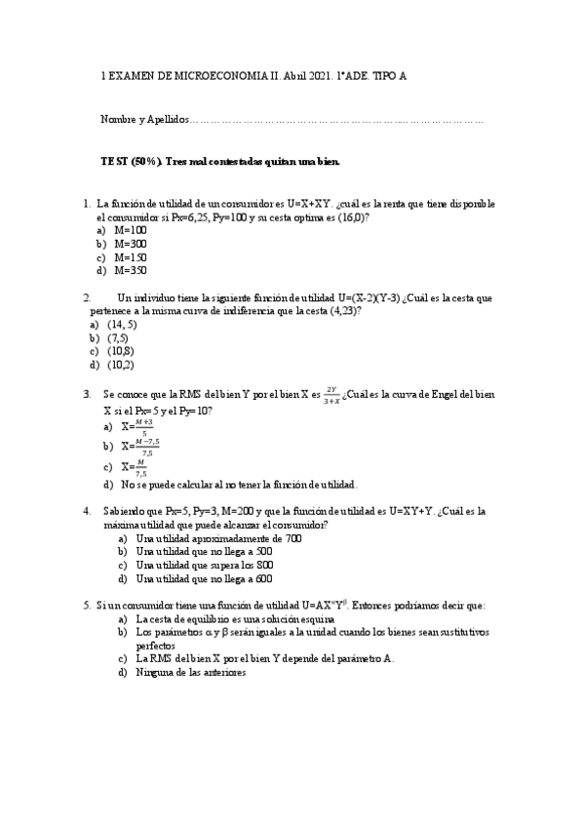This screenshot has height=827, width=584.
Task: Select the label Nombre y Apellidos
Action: click(144, 119)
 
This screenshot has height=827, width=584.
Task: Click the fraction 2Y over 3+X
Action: click(331, 394)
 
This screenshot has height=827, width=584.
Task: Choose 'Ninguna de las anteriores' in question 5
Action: click(191, 672)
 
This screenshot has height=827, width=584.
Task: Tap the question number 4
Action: click(87, 510)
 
